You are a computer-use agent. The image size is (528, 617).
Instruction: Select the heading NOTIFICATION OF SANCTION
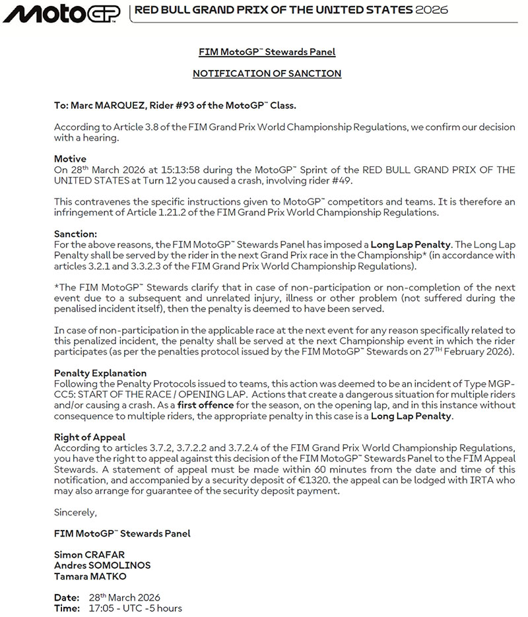tap(267, 73)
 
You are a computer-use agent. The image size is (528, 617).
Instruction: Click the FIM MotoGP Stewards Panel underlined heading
tap(267, 52)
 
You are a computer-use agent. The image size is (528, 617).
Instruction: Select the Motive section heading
tap(70, 159)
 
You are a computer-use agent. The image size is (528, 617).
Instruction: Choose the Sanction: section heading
tap(75, 234)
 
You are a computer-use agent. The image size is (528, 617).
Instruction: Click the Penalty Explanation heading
tap(100, 373)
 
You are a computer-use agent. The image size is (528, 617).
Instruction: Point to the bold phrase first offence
tap(205, 405)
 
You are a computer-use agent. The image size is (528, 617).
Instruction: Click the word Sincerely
tap(75, 512)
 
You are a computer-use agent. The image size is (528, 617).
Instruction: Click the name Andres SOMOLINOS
tap(102, 565)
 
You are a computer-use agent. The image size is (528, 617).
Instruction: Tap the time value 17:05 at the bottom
tap(100, 608)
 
